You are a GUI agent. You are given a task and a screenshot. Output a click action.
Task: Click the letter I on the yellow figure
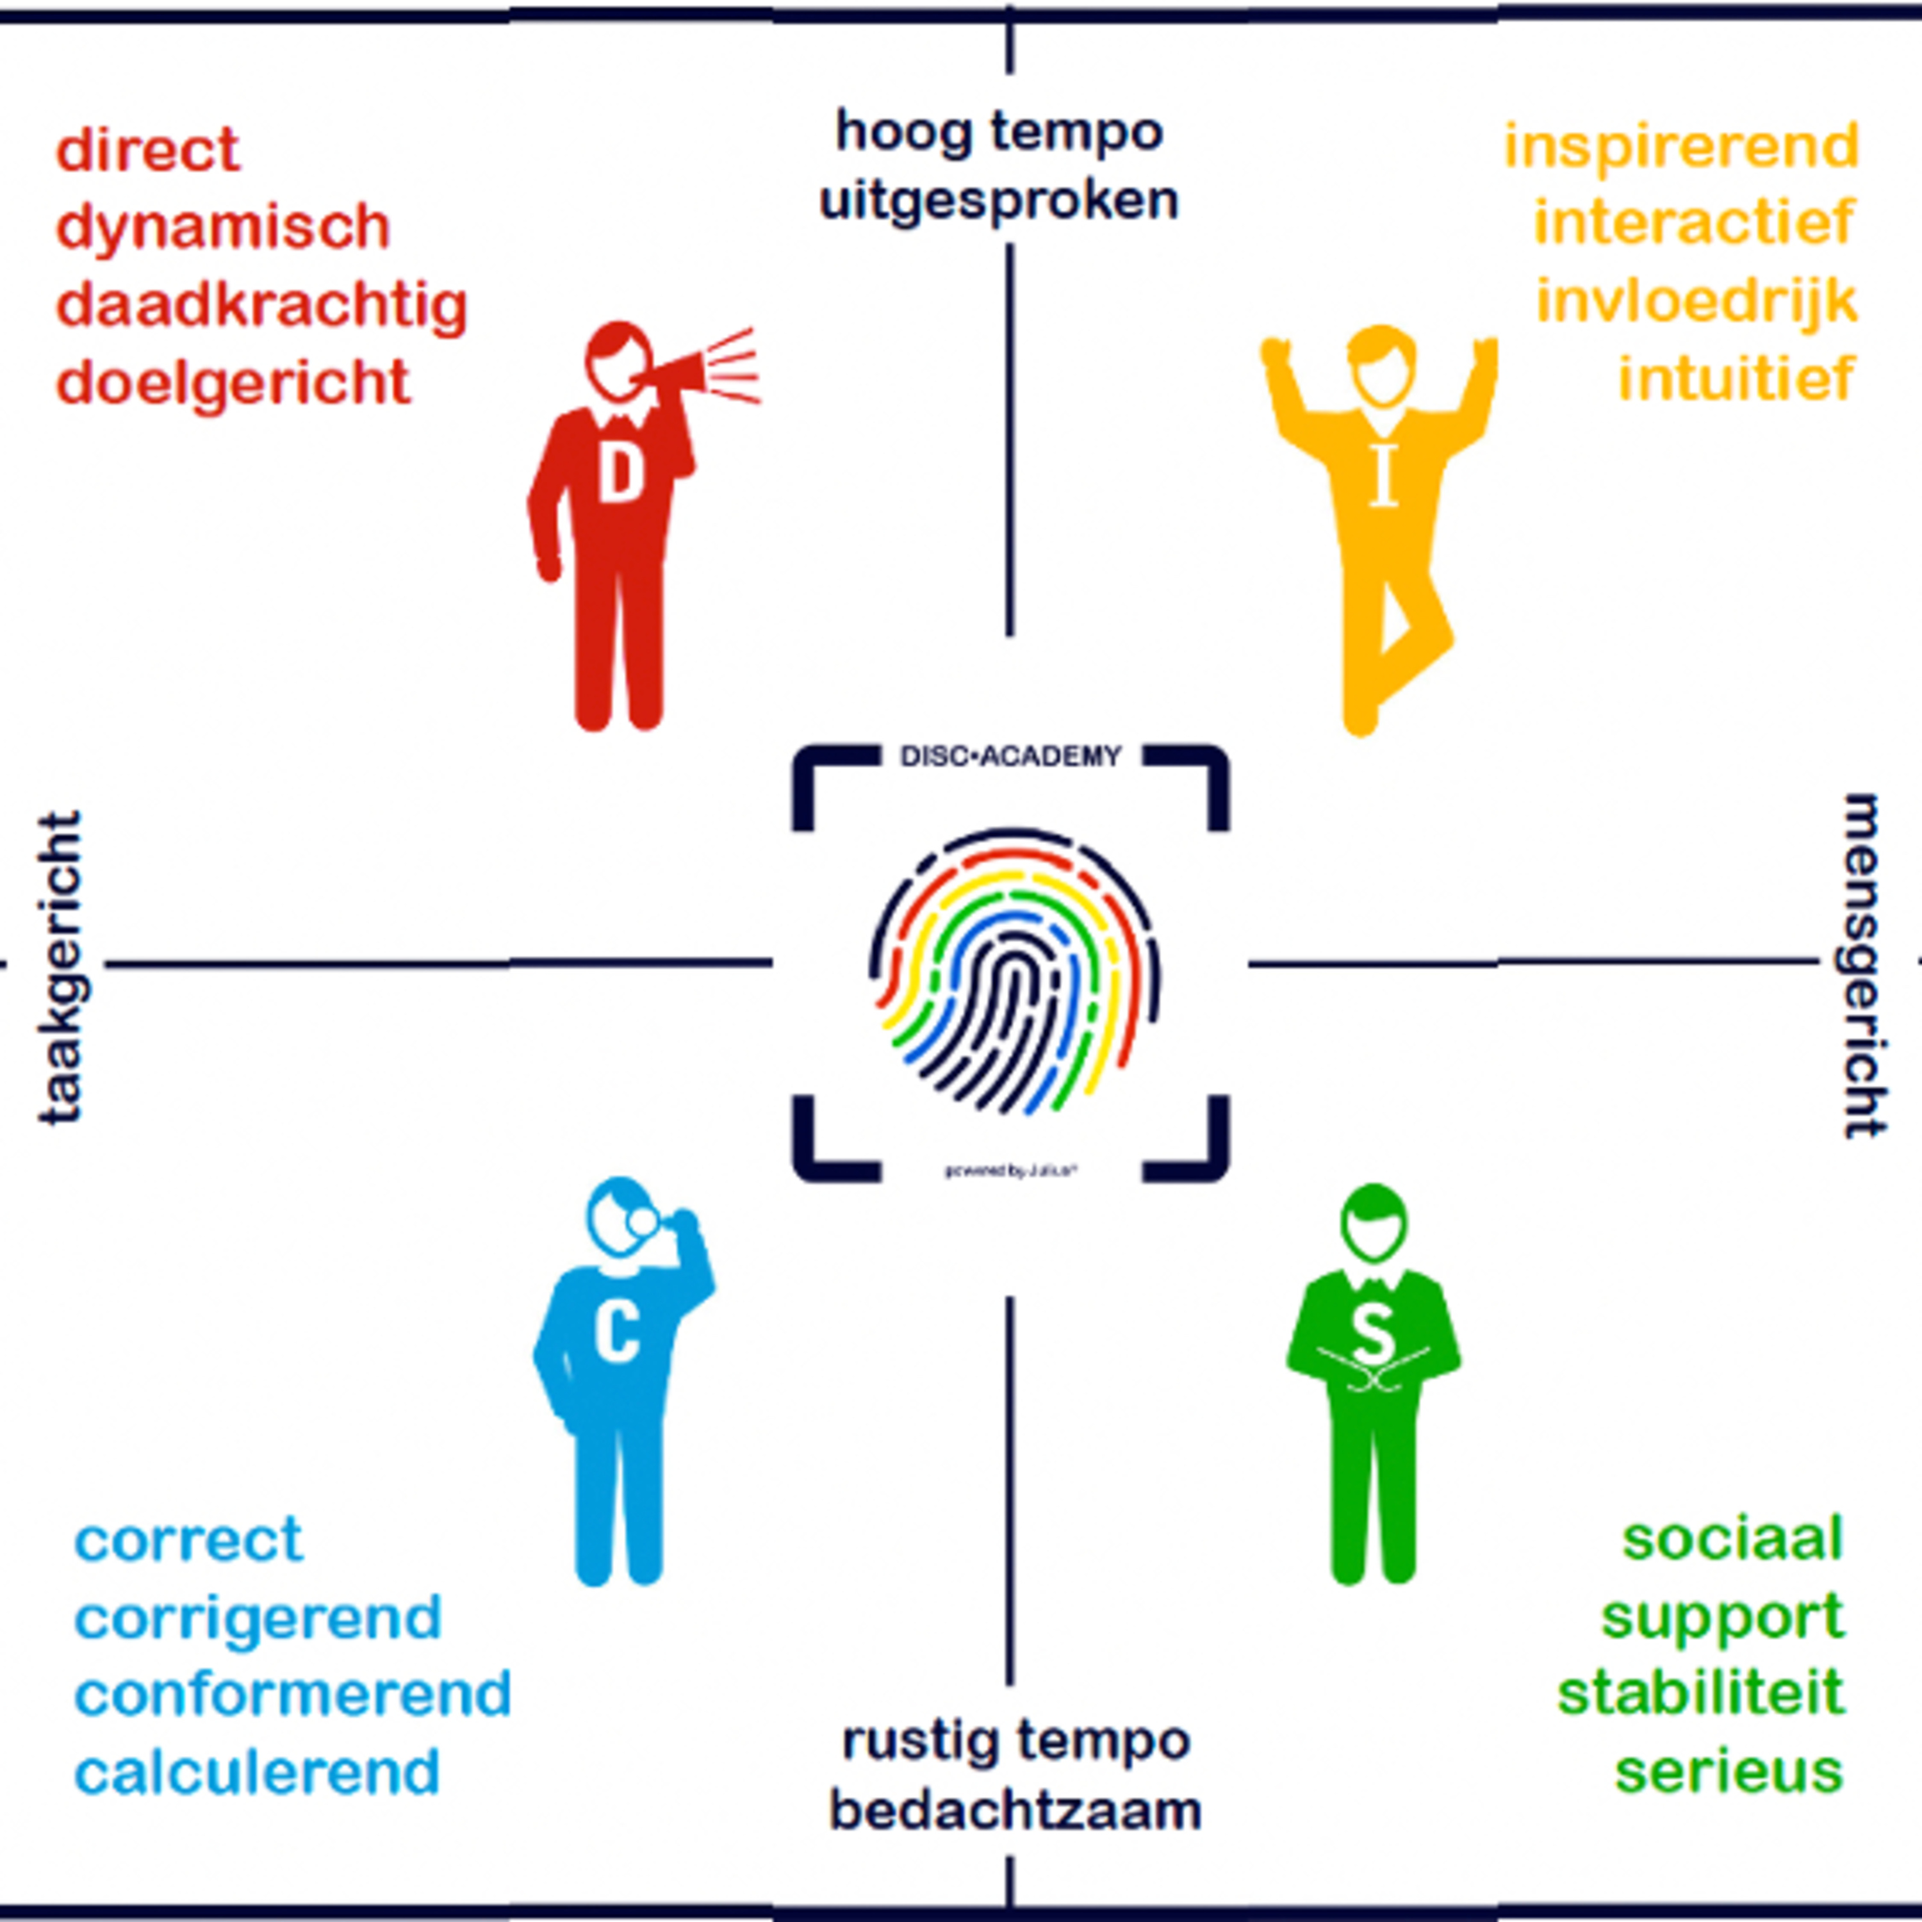[x=1383, y=473]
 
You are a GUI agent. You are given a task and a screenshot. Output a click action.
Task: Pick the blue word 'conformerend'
[x=293, y=1694]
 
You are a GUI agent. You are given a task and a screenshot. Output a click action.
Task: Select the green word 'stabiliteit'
[x=1700, y=1693]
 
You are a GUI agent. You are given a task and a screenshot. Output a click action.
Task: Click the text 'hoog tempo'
[x=999, y=131]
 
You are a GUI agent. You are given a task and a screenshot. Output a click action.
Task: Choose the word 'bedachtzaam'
[x=1015, y=1810]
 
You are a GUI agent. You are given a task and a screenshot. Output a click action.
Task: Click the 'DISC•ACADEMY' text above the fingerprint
[x=1011, y=757]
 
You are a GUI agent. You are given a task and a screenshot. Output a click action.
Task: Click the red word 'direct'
[x=147, y=150]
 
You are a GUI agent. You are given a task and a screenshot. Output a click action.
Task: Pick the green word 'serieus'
[x=1728, y=1771]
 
